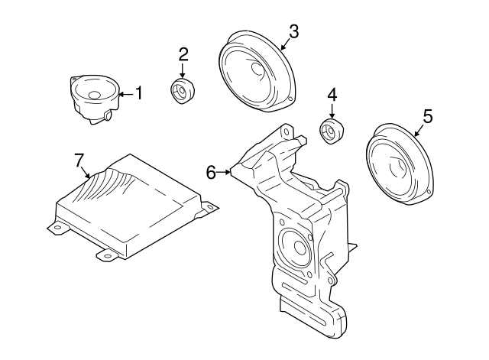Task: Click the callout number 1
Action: [x=139, y=93]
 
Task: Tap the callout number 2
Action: [x=183, y=54]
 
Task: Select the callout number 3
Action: [x=293, y=31]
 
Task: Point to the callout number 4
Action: [x=332, y=95]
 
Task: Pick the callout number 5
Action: [x=428, y=116]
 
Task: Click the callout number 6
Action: [x=212, y=173]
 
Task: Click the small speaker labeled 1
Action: [x=95, y=97]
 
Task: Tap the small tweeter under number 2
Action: [x=182, y=90]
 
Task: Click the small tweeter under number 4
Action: [x=331, y=131]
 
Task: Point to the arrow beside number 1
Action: [x=125, y=94]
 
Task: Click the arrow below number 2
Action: [x=183, y=70]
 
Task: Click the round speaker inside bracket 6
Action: [x=293, y=248]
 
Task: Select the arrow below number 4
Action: [x=332, y=112]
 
